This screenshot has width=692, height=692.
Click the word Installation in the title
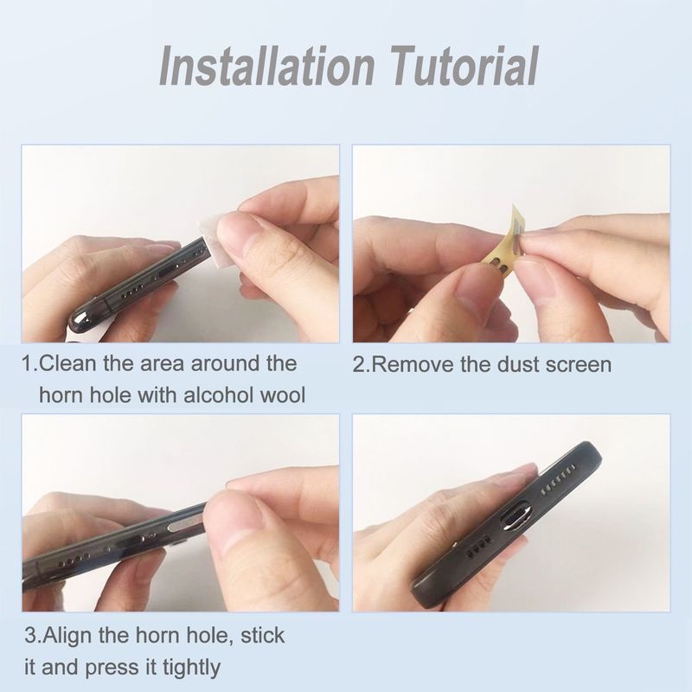266,66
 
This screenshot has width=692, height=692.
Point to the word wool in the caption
283,394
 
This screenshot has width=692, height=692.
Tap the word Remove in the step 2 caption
413,365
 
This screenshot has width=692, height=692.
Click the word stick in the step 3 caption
262,636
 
